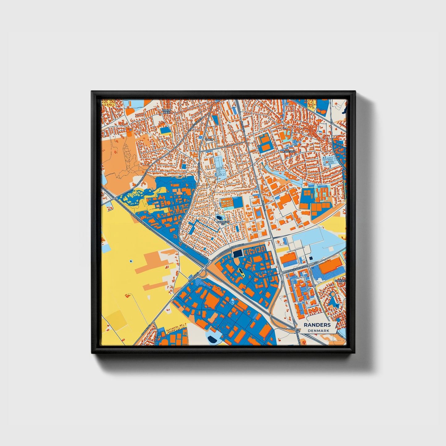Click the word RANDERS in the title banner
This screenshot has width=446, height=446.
click(x=317, y=325)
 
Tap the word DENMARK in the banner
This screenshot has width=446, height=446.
click(x=319, y=331)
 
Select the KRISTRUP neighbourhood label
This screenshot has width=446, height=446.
click(x=289, y=152)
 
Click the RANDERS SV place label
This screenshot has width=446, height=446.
click(x=223, y=222)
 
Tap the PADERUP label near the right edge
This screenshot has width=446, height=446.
click(x=341, y=281)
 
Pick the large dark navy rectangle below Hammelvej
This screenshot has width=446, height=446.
click(x=237, y=253)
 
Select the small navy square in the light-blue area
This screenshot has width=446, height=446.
click(x=311, y=258)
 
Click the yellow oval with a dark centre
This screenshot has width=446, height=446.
click(x=240, y=272)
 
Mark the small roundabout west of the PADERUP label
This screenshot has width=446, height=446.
click(x=314, y=286)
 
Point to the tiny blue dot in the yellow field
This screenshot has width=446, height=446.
click(x=131, y=261)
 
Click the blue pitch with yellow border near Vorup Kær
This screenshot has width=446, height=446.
click(x=165, y=131)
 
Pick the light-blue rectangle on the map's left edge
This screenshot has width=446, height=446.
click(x=105, y=248)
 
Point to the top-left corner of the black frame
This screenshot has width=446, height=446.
click(x=92, y=92)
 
